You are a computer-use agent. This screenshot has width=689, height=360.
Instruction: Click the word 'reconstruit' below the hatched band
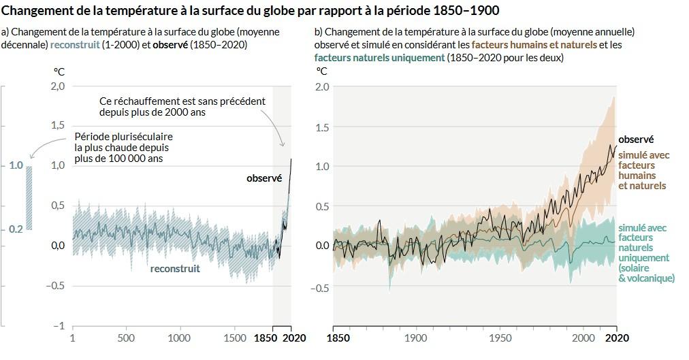coord(175,269)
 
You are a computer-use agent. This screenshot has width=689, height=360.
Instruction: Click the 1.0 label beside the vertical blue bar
coord(16,166)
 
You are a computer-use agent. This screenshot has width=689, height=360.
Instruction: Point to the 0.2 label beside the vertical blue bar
coord(16,230)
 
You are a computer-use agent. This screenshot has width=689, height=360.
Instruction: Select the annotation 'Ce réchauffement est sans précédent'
coord(182,101)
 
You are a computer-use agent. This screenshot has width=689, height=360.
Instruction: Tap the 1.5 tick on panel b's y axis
coord(322,128)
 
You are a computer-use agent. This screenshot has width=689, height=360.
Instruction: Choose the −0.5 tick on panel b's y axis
coord(320,288)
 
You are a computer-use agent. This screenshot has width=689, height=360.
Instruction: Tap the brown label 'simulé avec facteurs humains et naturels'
coord(643,170)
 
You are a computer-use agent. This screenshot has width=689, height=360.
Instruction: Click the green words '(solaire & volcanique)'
coord(646,273)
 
